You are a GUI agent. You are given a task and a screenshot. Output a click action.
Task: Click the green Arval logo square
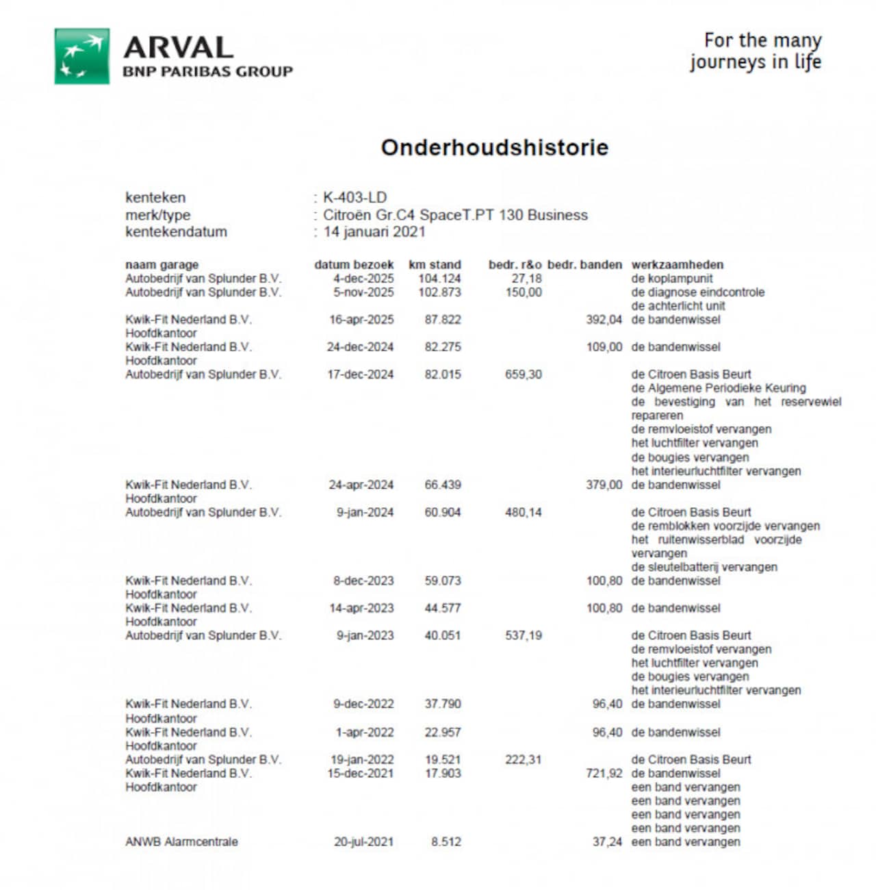point(82,56)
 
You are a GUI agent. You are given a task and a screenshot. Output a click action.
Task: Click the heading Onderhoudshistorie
point(494,147)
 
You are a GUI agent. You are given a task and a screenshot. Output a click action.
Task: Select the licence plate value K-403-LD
point(355,198)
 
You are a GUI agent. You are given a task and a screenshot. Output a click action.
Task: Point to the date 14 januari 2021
point(374,231)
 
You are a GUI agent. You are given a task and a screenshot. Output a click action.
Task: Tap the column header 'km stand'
point(435,265)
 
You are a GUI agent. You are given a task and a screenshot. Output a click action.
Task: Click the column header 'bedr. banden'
point(584,265)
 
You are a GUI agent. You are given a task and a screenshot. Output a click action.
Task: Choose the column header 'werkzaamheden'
point(677,265)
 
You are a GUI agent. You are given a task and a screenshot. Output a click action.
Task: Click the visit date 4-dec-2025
point(363,279)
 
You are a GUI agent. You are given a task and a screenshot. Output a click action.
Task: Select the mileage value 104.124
point(439,279)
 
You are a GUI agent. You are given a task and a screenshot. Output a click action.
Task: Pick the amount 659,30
point(523,374)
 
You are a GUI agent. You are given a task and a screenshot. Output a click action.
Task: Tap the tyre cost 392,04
point(604,320)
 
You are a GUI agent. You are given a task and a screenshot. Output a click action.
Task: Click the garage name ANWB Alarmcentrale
point(181,842)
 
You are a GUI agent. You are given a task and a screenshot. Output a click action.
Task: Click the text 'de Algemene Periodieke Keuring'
point(718,388)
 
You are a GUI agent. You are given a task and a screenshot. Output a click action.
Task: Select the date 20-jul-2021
point(363,842)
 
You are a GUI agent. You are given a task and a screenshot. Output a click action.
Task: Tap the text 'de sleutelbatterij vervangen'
point(704,567)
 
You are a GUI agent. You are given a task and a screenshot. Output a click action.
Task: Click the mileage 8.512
point(446,842)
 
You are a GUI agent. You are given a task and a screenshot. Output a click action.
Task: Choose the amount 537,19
point(523,635)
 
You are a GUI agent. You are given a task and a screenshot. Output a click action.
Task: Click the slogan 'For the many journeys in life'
point(756,51)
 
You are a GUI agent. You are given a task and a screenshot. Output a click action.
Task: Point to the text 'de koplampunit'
point(671,279)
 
